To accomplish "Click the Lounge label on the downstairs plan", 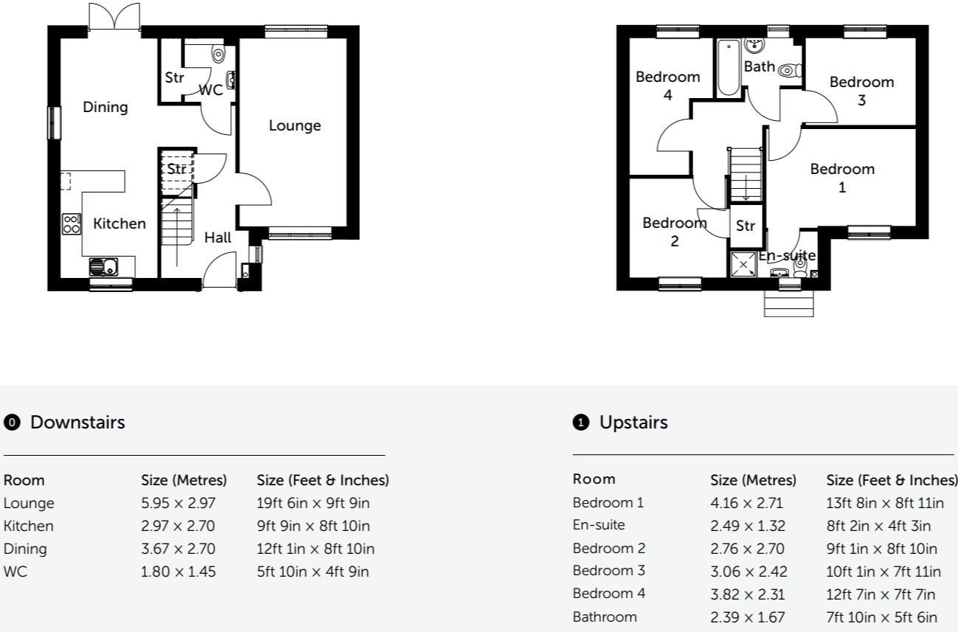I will point(294,125).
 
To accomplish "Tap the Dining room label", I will point(105,107).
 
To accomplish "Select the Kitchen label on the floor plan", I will point(119,223).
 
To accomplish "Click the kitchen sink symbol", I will point(102,266).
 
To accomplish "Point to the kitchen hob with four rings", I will point(72,224).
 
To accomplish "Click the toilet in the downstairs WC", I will point(218,54).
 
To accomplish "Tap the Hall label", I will point(218,237).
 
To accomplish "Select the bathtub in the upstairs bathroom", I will point(728,68).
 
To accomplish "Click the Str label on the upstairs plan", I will point(746,226).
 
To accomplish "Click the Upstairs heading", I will point(633,423).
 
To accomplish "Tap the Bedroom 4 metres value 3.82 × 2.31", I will point(746,594).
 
